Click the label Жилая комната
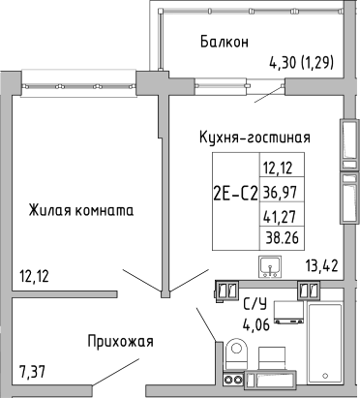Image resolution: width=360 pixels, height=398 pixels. [x=79, y=209]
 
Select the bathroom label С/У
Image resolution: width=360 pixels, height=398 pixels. [x=256, y=305]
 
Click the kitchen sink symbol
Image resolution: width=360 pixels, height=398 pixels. [x=270, y=265]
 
